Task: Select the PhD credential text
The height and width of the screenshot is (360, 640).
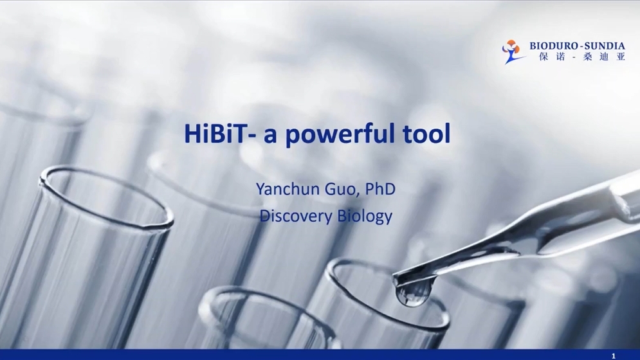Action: (380, 189)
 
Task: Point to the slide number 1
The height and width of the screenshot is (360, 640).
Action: (613, 356)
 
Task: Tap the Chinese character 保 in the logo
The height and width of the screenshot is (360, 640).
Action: (544, 57)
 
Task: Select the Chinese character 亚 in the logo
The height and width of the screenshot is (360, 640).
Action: (621, 57)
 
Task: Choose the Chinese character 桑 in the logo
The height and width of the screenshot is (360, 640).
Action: (588, 57)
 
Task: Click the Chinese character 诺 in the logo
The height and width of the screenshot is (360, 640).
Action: (561, 57)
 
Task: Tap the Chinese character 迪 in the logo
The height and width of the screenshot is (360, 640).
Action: (604, 57)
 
